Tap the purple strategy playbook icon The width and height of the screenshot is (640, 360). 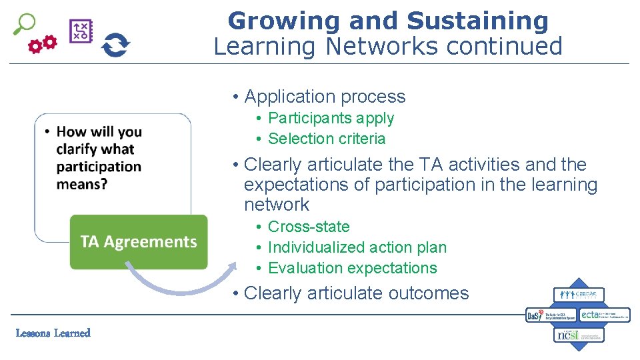click(x=81, y=31)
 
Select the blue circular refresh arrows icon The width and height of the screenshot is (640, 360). click(x=115, y=45)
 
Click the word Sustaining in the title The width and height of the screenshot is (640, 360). click(x=477, y=21)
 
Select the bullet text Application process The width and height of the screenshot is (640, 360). click(x=325, y=97)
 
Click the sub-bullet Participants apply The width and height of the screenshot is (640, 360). click(x=331, y=118)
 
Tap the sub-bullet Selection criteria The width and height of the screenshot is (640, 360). click(x=327, y=139)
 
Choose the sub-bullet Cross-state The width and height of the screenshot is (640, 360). click(x=309, y=227)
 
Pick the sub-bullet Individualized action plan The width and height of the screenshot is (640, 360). click(x=357, y=247)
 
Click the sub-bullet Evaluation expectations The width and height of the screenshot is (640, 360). click(x=352, y=268)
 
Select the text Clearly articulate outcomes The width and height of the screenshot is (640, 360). click(x=357, y=293)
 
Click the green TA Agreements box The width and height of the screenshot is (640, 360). click(x=139, y=241)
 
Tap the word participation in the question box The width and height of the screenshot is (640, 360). click(x=99, y=166)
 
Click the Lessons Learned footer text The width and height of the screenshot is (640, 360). click(x=53, y=333)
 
